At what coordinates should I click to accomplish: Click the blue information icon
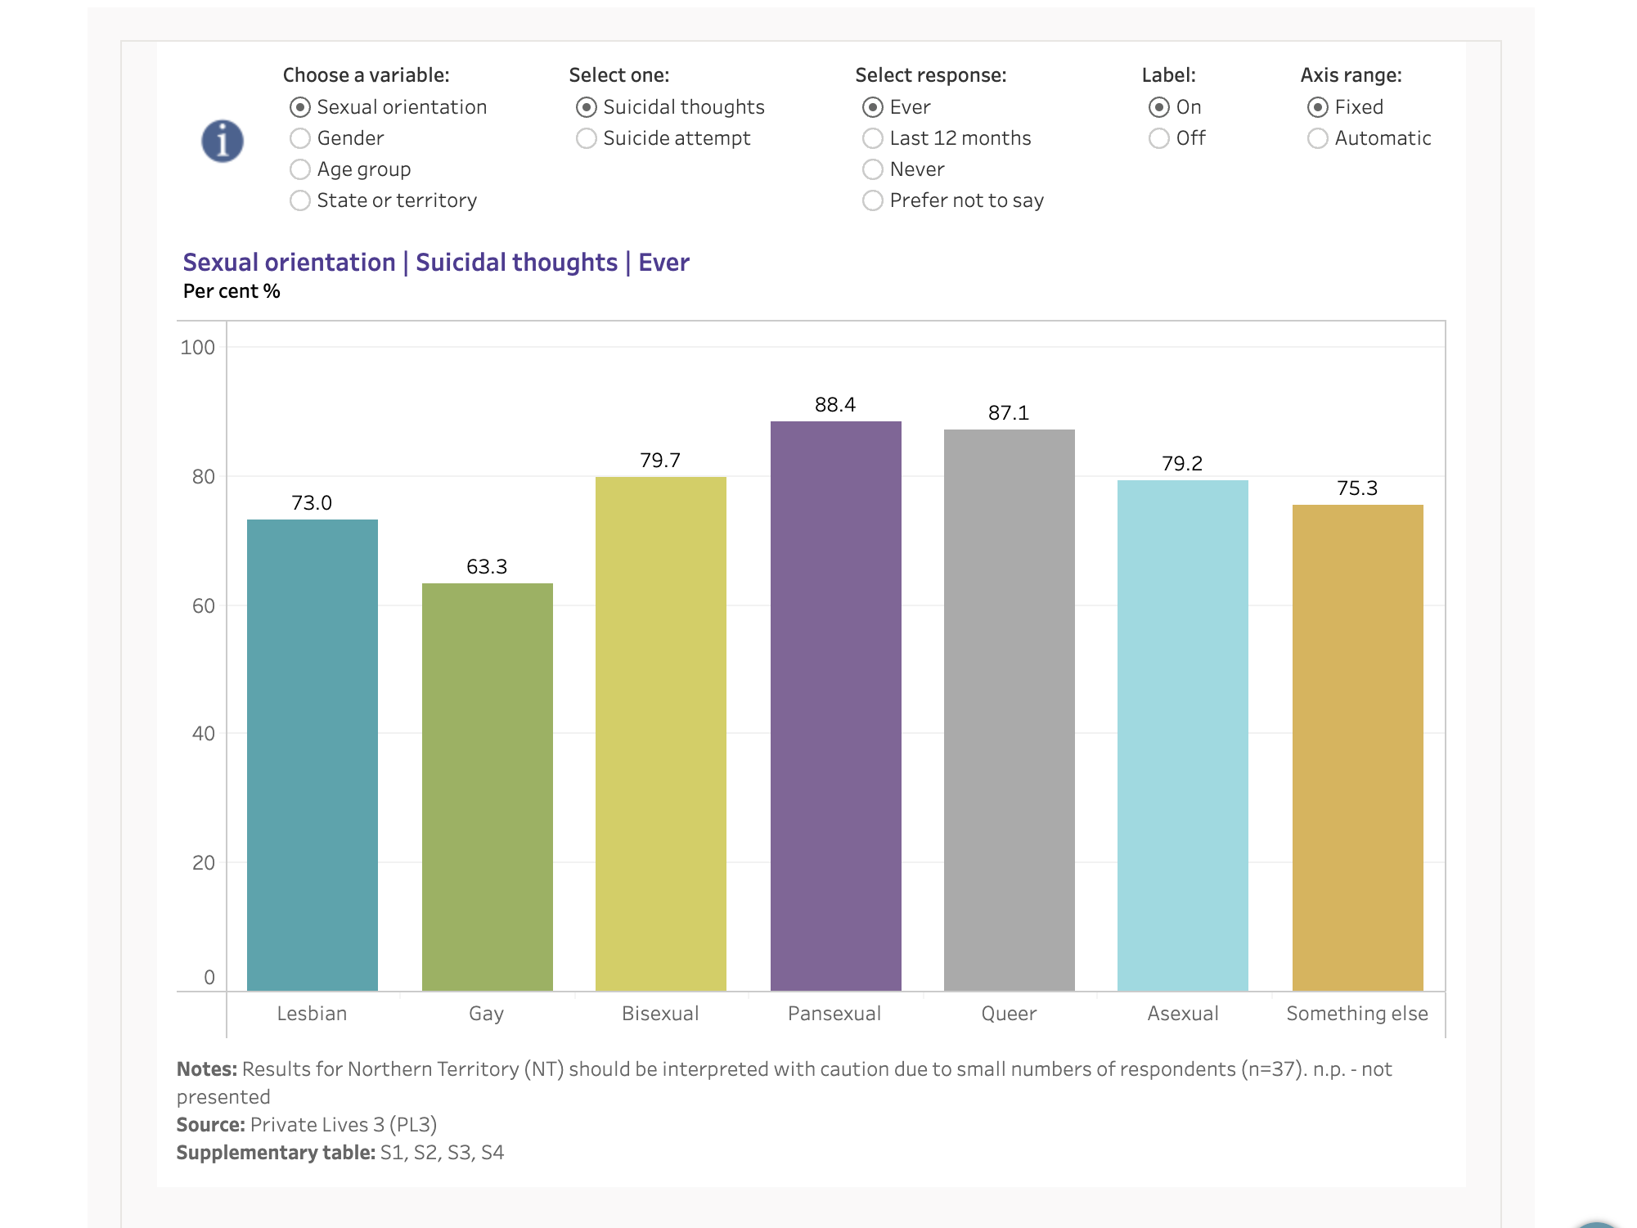click(223, 141)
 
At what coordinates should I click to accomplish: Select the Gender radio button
click(300, 138)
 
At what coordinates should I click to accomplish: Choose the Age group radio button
click(300, 169)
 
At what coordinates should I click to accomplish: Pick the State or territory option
click(300, 200)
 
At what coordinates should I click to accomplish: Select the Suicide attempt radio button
click(587, 138)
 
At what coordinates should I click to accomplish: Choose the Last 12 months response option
click(873, 138)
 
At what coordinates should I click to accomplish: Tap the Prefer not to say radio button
click(873, 200)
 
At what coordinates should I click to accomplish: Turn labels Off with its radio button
click(1159, 138)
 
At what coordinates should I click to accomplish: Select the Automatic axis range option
click(1318, 138)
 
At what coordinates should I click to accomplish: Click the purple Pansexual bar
click(835, 704)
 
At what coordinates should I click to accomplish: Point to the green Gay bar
click(487, 785)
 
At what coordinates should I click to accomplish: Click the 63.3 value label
click(487, 566)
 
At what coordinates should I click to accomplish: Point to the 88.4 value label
click(835, 404)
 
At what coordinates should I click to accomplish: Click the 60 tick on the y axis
click(203, 605)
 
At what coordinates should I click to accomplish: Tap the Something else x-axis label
click(1357, 1014)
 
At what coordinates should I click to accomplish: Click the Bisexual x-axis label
click(660, 1014)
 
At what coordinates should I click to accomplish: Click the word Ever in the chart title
click(663, 263)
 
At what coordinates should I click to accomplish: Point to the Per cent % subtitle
click(232, 291)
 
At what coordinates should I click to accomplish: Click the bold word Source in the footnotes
click(210, 1125)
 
